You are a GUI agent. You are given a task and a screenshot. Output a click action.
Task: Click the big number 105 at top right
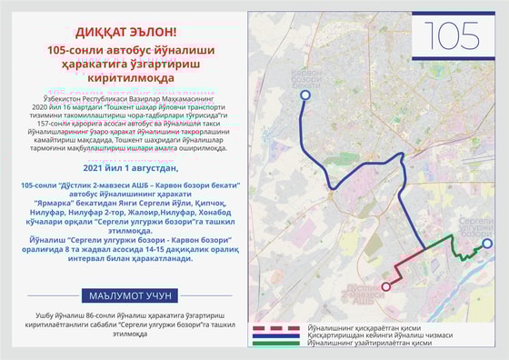[452, 35]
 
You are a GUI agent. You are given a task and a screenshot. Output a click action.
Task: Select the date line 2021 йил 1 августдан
[131, 168]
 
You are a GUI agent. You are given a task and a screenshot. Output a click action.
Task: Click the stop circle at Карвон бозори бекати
[305, 95]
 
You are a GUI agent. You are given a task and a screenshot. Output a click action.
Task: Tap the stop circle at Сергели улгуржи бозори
[487, 244]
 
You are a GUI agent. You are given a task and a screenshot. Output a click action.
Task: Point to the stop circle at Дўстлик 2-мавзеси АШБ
[385, 286]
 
